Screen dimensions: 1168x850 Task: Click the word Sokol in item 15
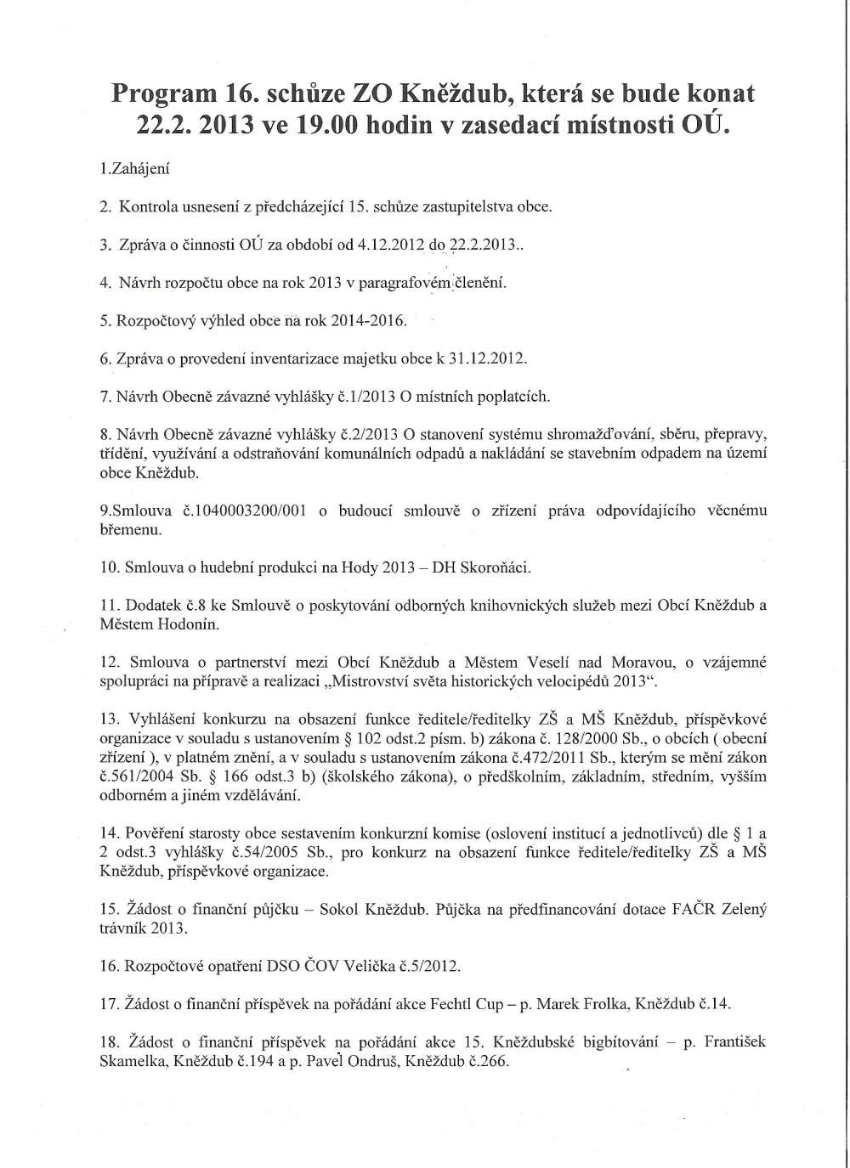[x=338, y=910]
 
